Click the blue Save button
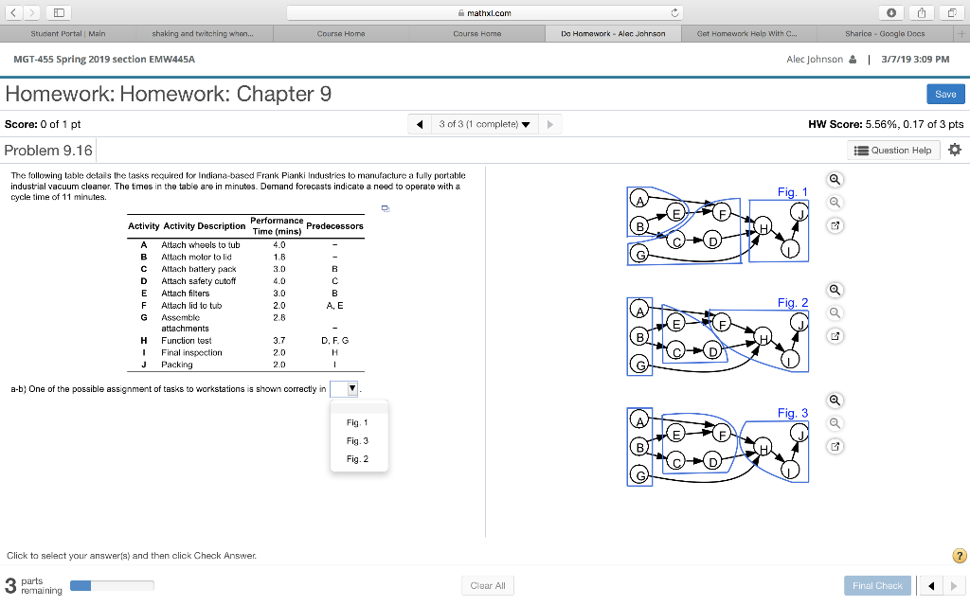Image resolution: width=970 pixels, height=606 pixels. pos(945,94)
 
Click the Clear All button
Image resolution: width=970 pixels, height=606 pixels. pos(487,585)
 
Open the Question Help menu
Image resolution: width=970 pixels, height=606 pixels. pos(895,151)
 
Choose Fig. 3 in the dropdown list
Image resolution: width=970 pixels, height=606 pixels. pos(357,440)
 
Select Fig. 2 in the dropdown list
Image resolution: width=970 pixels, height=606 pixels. pos(357,459)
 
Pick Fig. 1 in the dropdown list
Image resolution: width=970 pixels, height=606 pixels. pos(357,422)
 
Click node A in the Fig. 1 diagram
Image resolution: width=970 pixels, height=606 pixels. pos(640,202)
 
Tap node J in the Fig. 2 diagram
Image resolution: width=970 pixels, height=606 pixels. pos(802,325)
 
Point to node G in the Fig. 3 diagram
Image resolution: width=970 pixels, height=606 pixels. pos(640,476)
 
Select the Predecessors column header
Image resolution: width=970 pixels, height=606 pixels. pos(334,226)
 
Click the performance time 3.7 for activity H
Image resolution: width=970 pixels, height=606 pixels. pos(278,340)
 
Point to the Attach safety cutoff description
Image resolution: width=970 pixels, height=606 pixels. pos(198,280)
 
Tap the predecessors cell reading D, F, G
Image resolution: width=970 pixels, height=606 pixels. pos(334,340)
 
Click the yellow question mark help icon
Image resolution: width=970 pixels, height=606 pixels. pos(958,556)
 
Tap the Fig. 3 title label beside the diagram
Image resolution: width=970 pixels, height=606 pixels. pos(793,413)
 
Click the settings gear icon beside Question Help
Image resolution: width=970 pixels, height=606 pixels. pos(954,151)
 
